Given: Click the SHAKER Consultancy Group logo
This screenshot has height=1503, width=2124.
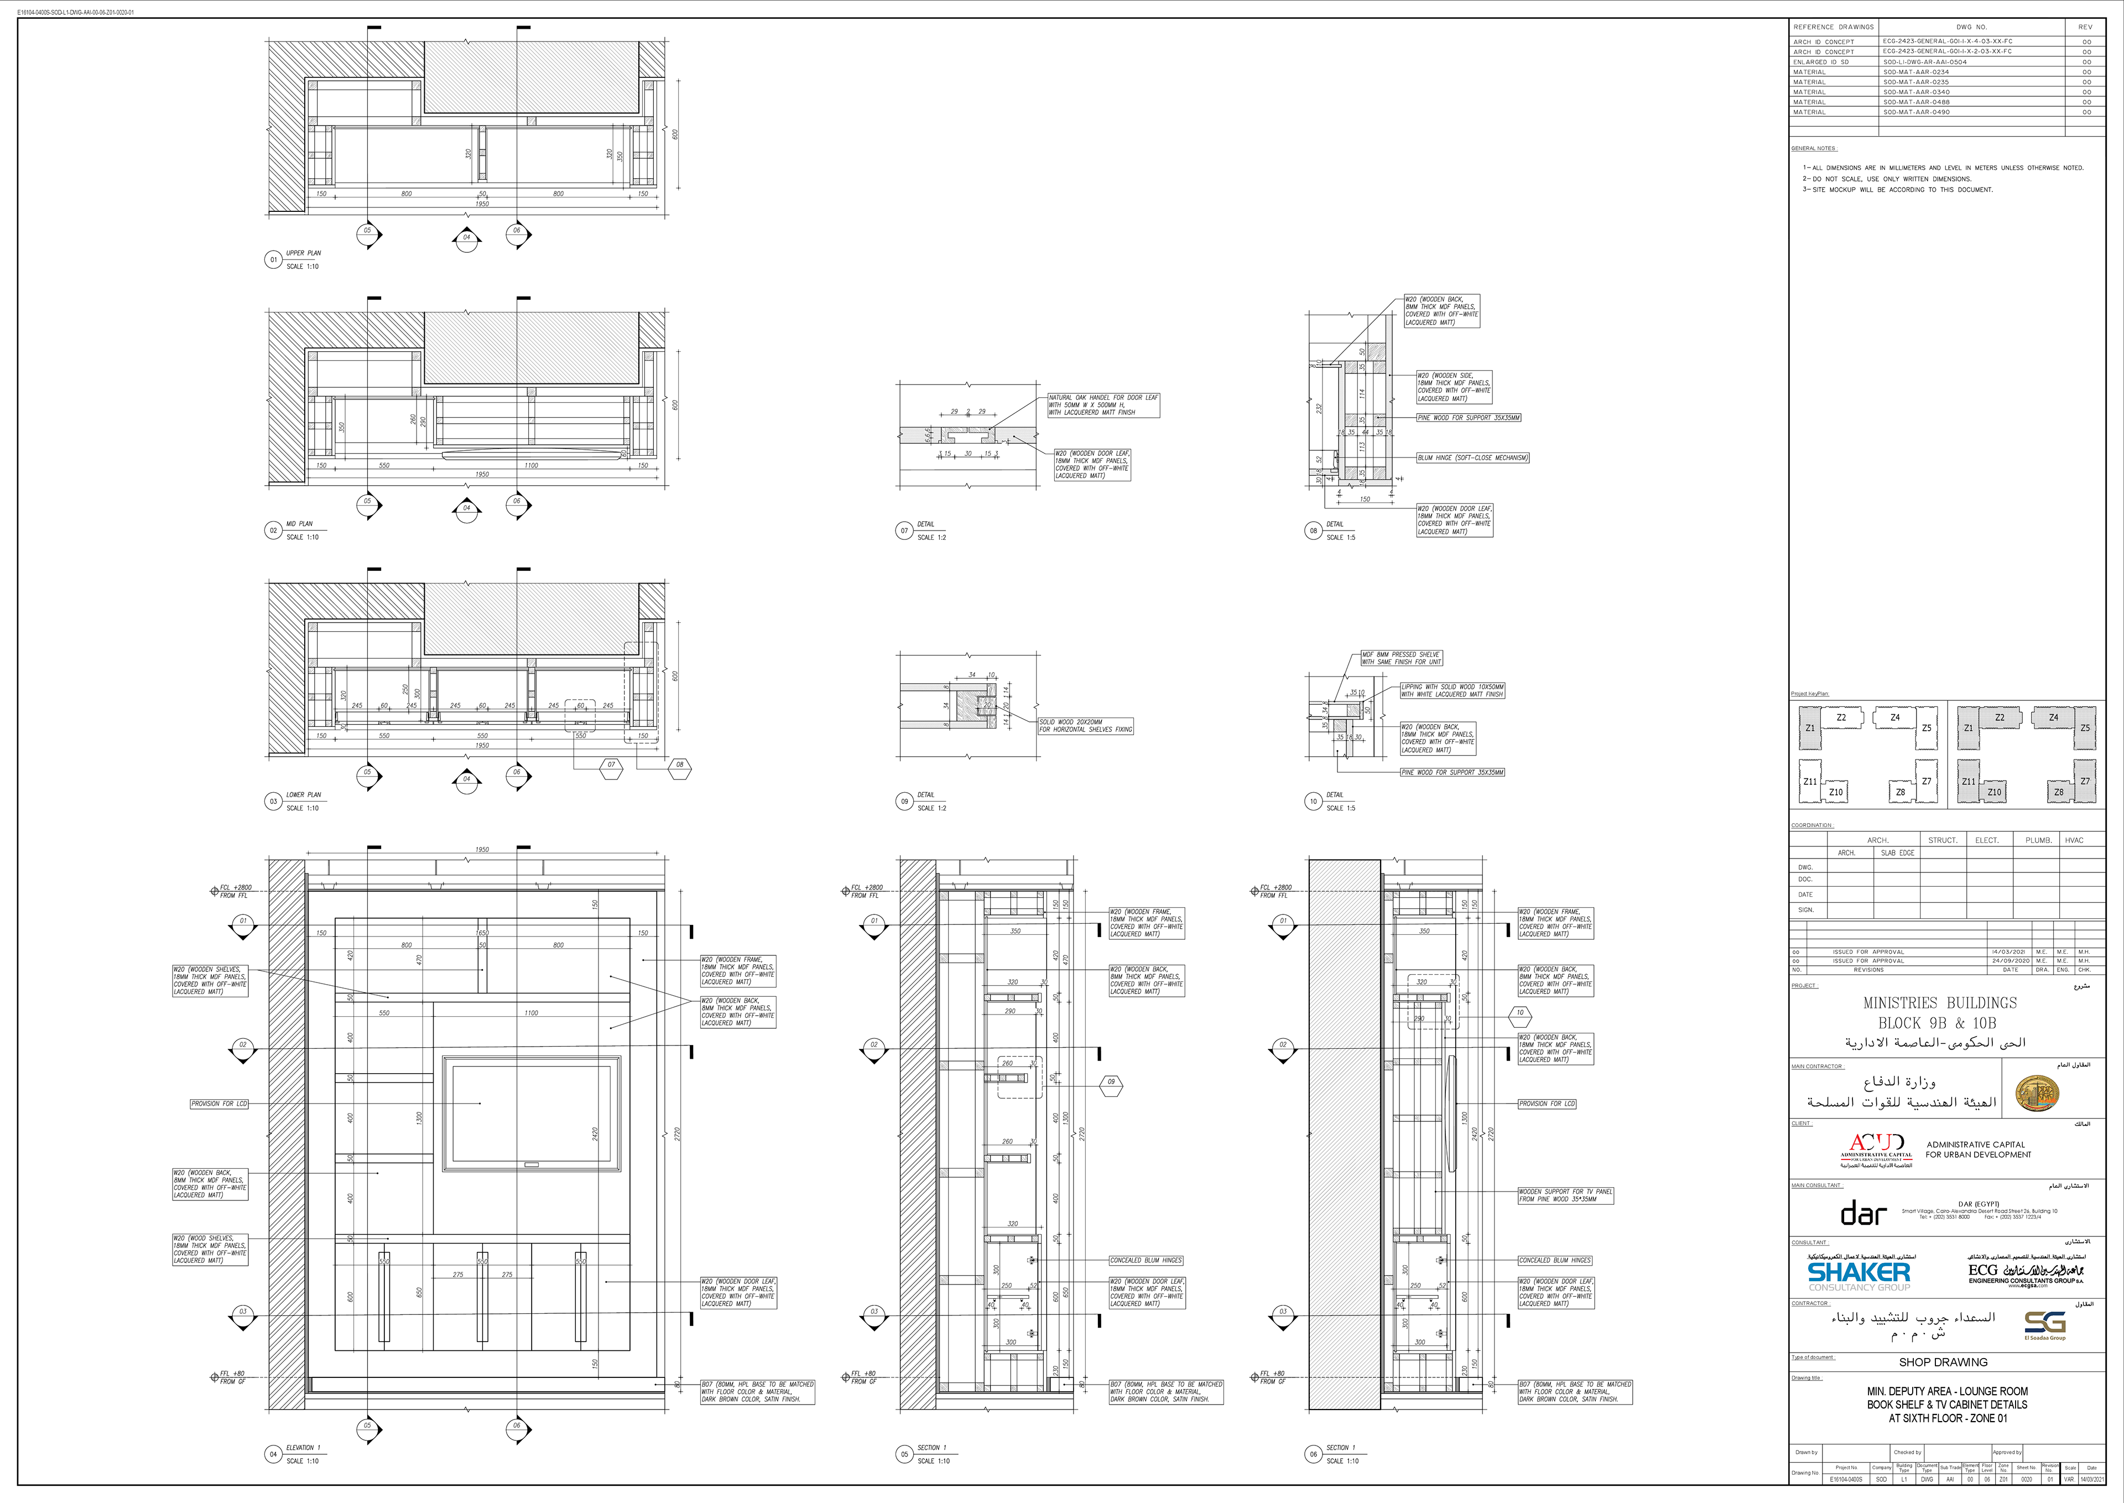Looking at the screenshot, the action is point(1858,1275).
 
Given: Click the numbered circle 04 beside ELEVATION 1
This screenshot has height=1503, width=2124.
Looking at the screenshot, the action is point(273,1454).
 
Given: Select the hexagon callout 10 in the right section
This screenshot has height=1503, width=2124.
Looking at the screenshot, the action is point(1519,1012).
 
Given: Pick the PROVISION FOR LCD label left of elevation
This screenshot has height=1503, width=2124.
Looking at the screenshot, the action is point(220,1103).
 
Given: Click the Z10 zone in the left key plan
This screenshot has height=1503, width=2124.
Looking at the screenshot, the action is point(1835,792).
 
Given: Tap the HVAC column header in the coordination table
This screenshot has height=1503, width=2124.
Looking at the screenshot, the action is point(2074,840).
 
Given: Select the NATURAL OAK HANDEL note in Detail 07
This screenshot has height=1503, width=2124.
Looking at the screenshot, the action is point(1102,404).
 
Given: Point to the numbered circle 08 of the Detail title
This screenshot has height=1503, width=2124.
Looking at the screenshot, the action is point(1313,531).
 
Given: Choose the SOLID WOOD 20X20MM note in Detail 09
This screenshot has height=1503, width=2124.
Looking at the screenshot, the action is point(1085,726).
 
